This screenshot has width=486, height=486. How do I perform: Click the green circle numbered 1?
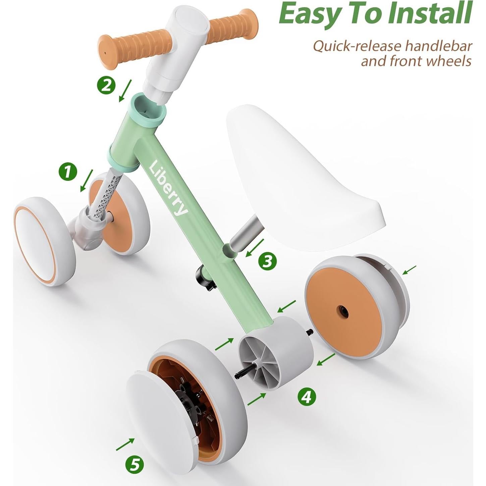click(x=68, y=172)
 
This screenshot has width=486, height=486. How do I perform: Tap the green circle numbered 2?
click(x=106, y=85)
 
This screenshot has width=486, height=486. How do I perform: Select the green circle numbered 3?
click(x=267, y=261)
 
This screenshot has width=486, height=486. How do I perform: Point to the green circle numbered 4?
click(x=307, y=397)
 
